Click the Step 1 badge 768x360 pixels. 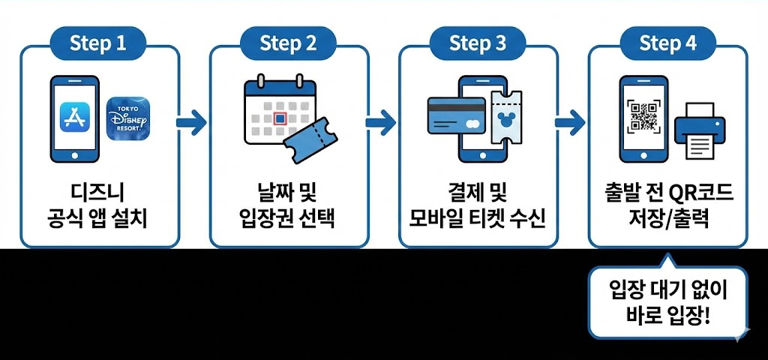pyautogui.click(x=98, y=43)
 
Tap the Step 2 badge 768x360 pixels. pyautogui.click(x=288, y=43)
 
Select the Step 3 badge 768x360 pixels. pyautogui.click(x=478, y=43)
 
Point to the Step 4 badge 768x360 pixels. pyautogui.click(x=667, y=43)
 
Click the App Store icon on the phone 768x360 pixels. pyautogui.click(x=76, y=118)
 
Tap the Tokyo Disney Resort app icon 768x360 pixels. pyautogui.click(x=128, y=118)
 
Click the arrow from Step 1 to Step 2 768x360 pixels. pyautogui.click(x=192, y=121)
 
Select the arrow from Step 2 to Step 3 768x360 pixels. pyautogui.click(x=381, y=121)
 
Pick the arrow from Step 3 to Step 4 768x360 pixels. pyautogui.click(x=571, y=121)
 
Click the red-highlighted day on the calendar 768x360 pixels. pyautogui.click(x=280, y=118)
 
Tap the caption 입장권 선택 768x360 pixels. pyautogui.click(x=288, y=220)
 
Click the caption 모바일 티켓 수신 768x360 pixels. pyautogui.click(x=478, y=220)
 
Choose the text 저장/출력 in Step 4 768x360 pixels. pyautogui.click(x=667, y=220)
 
